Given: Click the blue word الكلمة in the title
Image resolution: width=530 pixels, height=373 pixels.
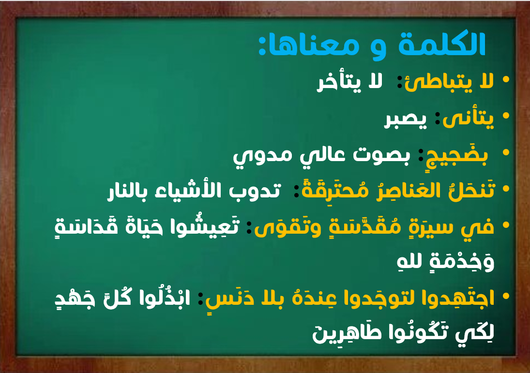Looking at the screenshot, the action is click(442, 44).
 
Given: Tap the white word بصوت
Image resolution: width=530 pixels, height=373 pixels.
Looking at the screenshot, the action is click(381, 155).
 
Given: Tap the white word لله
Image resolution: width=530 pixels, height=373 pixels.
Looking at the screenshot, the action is click(409, 262).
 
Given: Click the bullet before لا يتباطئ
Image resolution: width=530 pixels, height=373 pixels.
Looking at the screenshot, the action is click(506, 80).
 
